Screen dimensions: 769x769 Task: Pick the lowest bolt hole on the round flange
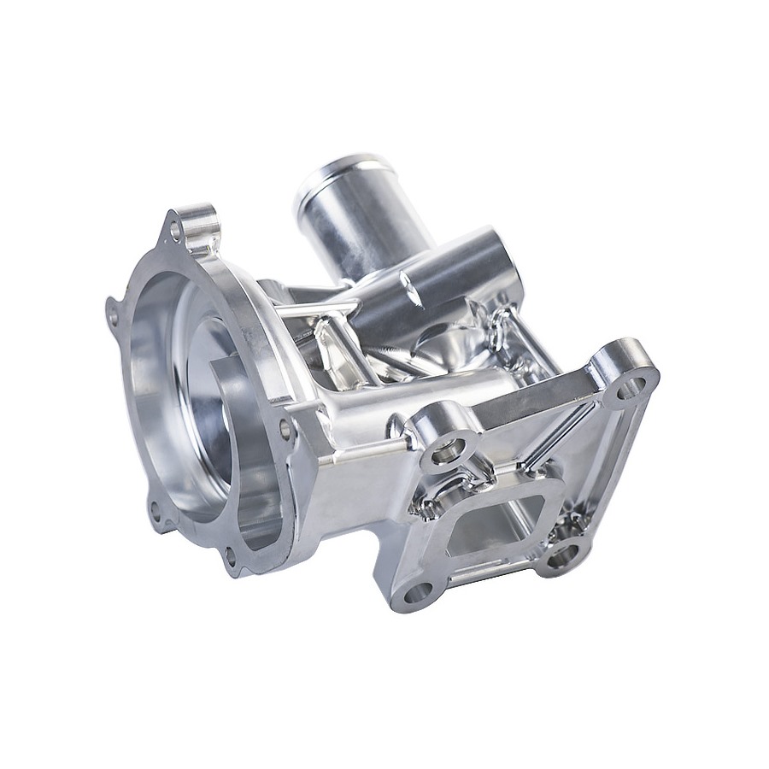point(229,560)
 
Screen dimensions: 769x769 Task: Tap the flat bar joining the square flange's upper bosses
point(530,402)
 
